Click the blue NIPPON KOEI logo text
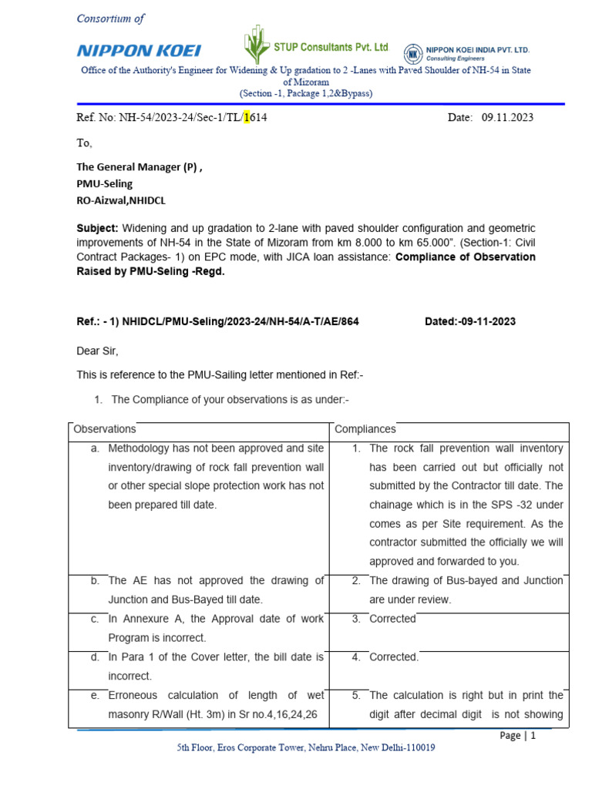139,51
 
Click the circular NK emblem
413,53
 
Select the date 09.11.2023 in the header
507,118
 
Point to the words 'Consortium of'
110,18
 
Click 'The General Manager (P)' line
139,167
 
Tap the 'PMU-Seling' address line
104,184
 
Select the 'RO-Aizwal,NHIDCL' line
120,201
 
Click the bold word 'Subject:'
97,230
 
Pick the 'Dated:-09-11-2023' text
470,321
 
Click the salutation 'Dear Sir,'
97,351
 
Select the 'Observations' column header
104,429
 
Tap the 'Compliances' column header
365,429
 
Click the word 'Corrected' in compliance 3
392,619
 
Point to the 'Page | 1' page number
517,736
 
